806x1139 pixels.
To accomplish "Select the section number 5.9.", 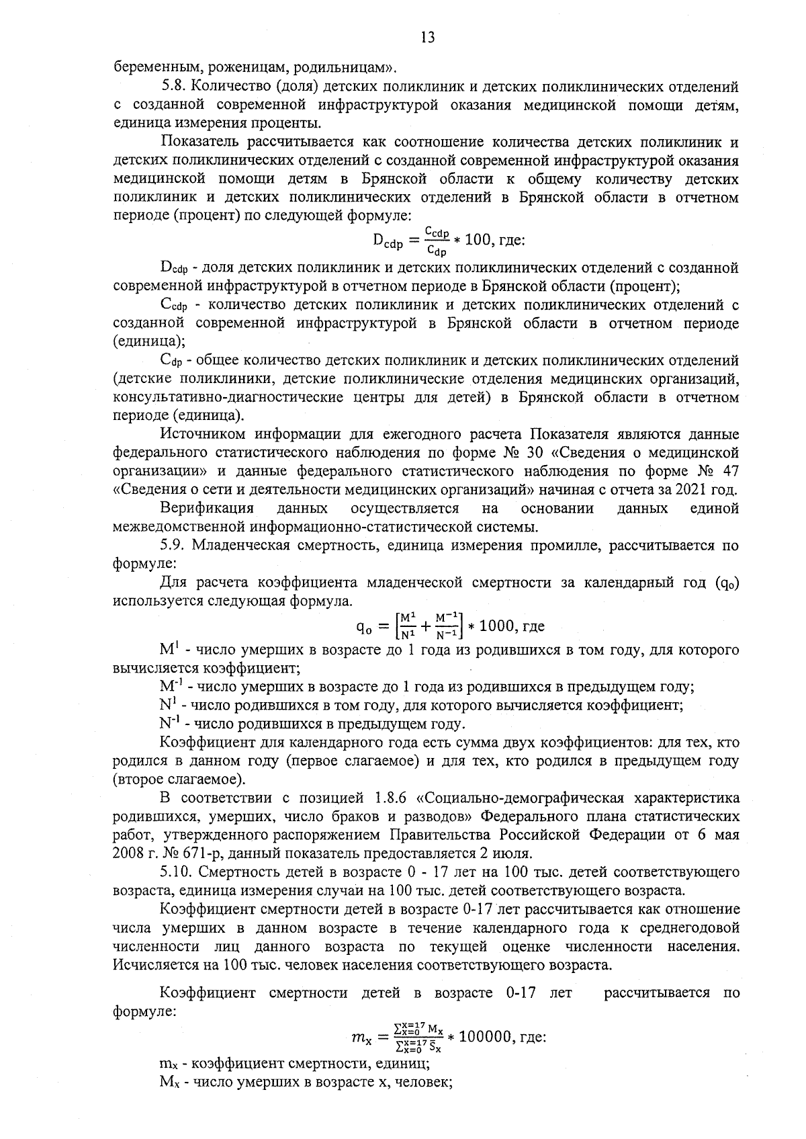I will [173, 545].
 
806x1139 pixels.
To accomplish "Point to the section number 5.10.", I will [177, 872].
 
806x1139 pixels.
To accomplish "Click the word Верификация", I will [207, 507].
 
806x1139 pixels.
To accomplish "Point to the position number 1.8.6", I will [386, 798].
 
